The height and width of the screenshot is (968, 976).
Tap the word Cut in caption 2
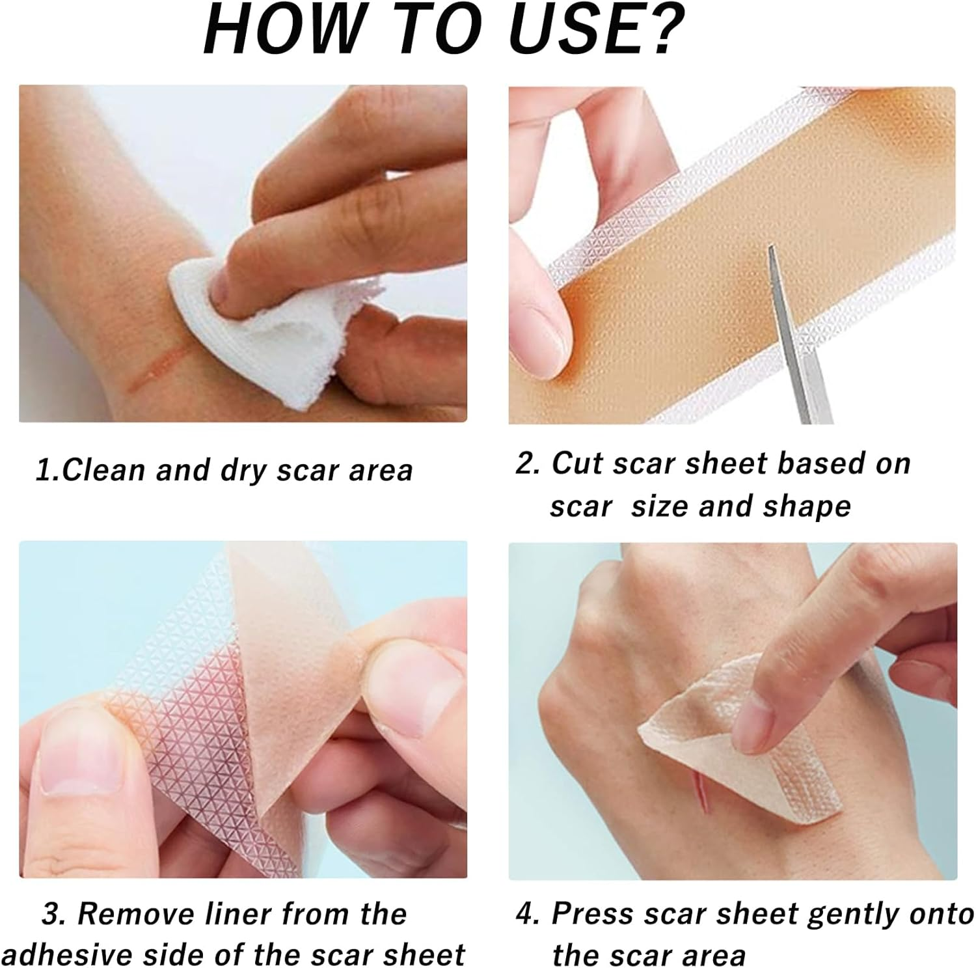tap(576, 463)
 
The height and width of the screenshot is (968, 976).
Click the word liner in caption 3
tap(237, 914)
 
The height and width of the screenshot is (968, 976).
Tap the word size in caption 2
tap(658, 506)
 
